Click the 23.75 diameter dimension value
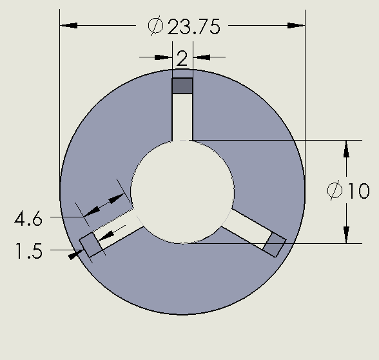click(x=194, y=26)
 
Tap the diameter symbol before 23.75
click(x=155, y=26)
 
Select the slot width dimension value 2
click(x=182, y=59)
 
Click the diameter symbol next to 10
click(x=335, y=192)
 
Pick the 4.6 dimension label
click(x=28, y=219)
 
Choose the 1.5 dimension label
click(x=28, y=251)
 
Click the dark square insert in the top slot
click(x=182, y=86)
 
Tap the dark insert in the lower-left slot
click(x=89, y=245)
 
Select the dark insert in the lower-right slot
click(x=275, y=245)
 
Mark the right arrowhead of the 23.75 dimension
click(x=296, y=26)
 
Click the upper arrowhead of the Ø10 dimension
click(x=346, y=148)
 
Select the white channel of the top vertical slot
click(x=182, y=116)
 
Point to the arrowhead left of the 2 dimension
click(x=164, y=57)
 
